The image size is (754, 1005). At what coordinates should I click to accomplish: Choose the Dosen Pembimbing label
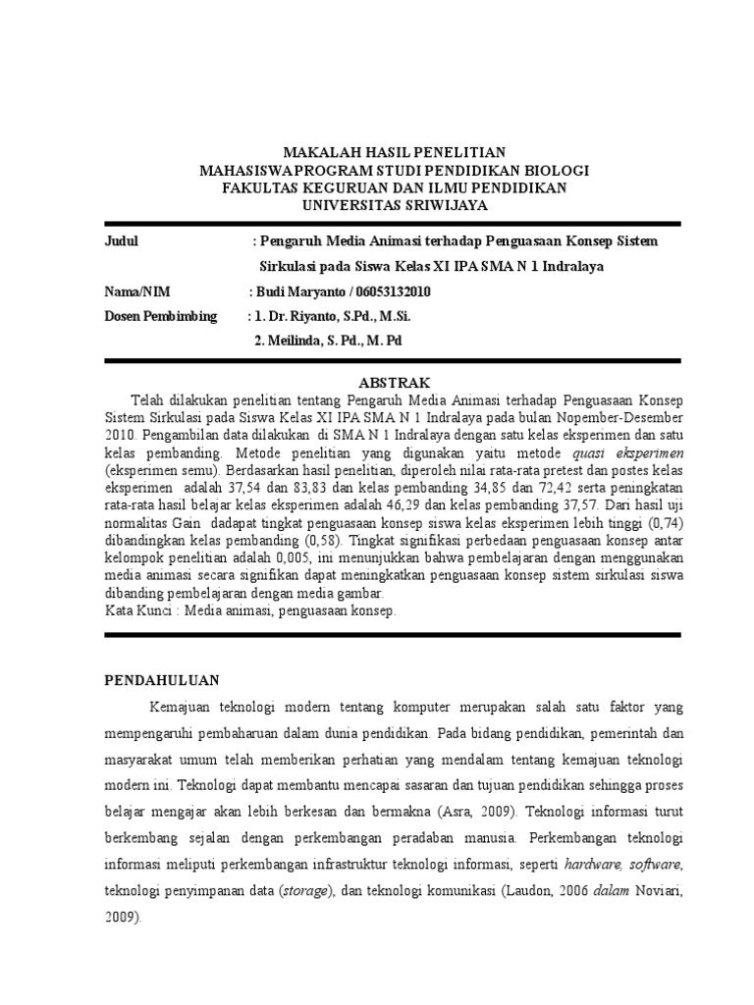(x=160, y=316)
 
